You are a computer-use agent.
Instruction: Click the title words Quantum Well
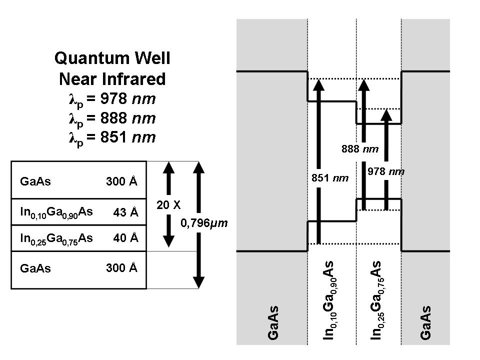(112, 58)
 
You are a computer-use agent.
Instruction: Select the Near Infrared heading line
(112, 78)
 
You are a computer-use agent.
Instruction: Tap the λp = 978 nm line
(112, 98)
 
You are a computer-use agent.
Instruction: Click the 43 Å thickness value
(126, 212)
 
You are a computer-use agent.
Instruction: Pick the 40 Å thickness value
(126, 238)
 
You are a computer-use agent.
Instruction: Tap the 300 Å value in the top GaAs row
(121, 181)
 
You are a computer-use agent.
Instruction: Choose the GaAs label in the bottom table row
(35, 268)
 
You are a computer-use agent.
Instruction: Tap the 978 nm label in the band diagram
(385, 171)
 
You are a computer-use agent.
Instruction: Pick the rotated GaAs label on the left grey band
(273, 323)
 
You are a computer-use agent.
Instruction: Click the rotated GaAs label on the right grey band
(425, 323)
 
